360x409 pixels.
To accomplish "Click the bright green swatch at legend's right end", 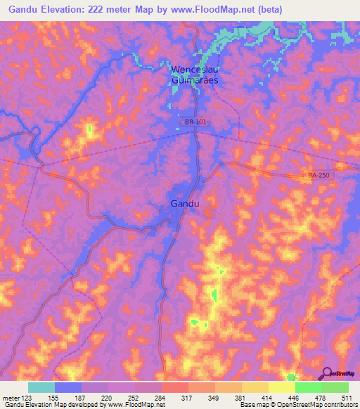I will click(335, 387).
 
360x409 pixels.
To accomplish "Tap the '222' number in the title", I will click(118, 9).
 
